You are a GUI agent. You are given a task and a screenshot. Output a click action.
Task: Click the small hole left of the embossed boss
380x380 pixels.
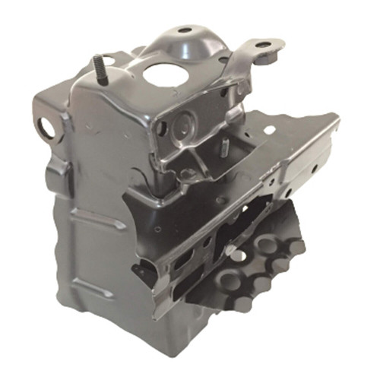click(x=161, y=128)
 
